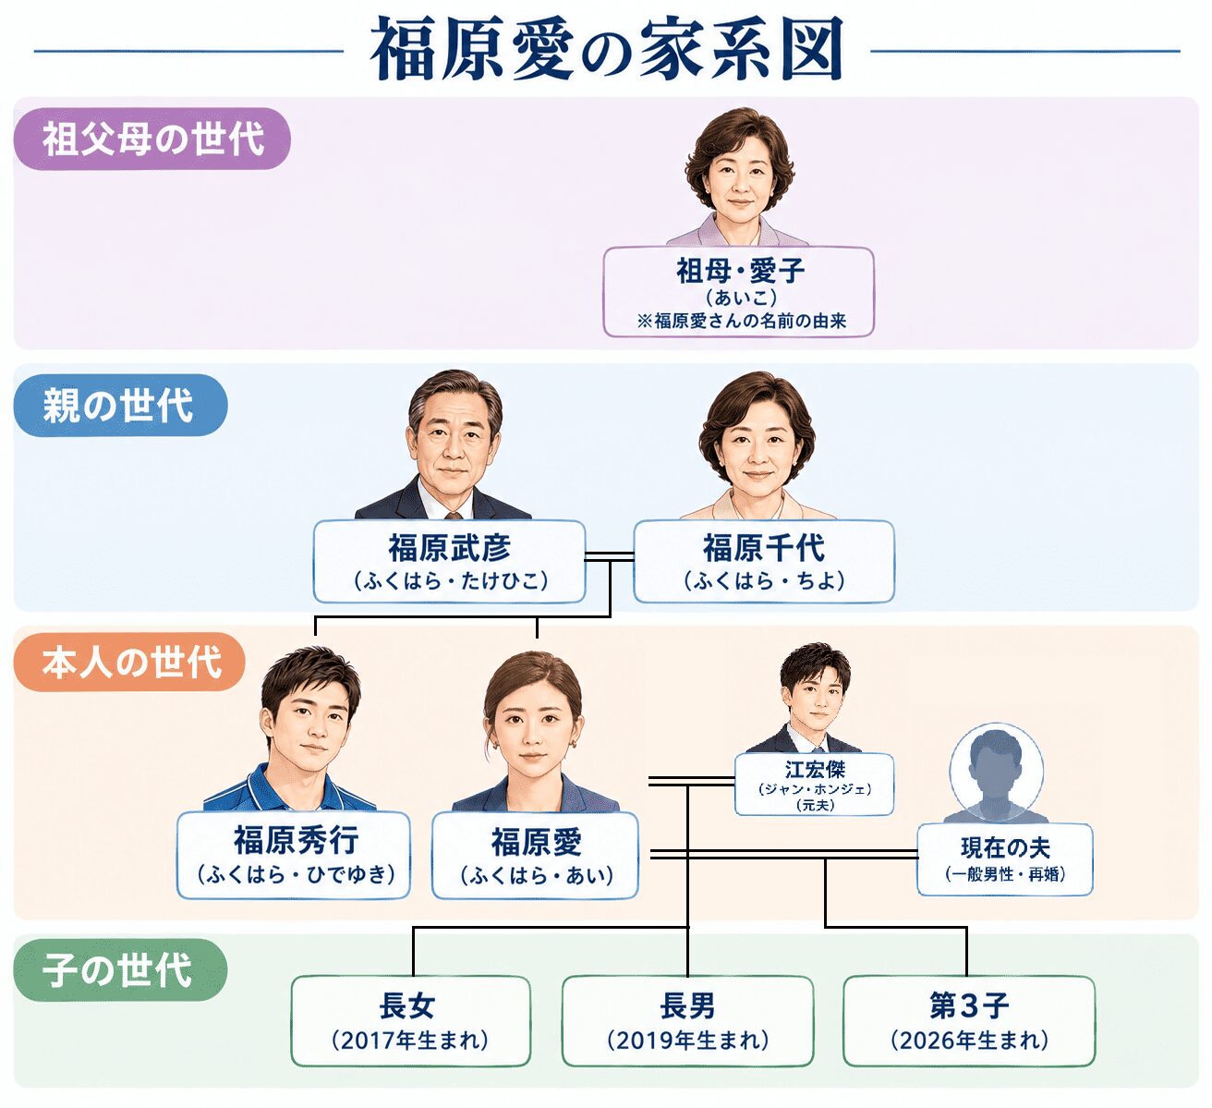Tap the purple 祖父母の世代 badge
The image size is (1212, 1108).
point(151,139)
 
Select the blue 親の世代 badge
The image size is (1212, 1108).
point(120,405)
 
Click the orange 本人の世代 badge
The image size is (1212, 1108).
point(128,662)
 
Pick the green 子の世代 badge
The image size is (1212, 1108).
point(120,970)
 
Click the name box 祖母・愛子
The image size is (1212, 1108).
point(738,291)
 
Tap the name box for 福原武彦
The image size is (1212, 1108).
point(449,562)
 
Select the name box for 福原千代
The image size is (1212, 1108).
point(764,562)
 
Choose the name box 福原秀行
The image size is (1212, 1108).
point(294,855)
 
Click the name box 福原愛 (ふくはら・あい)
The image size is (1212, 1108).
point(535,855)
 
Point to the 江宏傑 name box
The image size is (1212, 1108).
point(814,784)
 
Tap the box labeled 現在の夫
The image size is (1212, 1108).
point(1005,859)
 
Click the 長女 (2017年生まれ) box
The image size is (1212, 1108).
point(411,1021)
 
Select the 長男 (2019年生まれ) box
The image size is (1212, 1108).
point(687,1021)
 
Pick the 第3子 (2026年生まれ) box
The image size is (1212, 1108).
point(969,1021)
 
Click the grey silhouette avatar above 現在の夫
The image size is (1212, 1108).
point(996,773)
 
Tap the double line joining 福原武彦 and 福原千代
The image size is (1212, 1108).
point(609,556)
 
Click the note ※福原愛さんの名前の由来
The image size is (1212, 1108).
point(742,321)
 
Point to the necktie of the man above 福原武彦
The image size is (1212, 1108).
point(454,516)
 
